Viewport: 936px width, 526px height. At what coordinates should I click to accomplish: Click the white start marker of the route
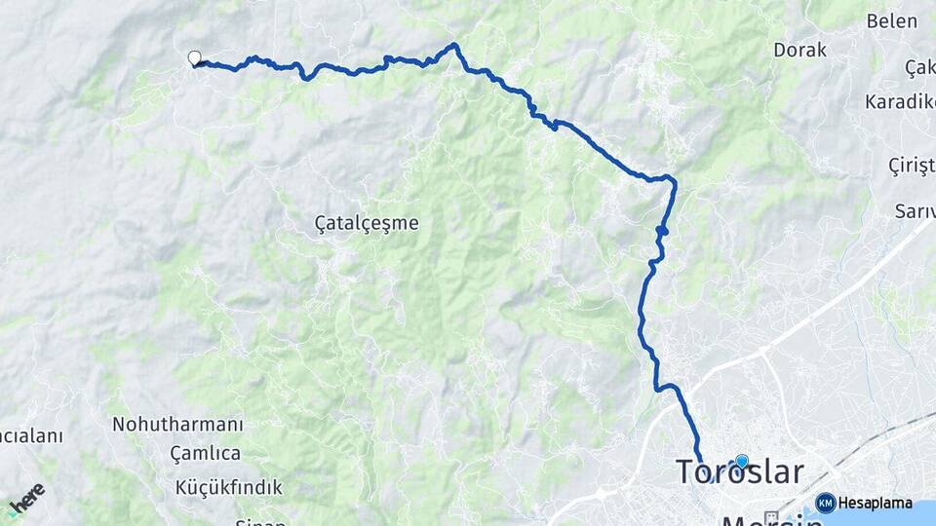pyautogui.click(x=194, y=58)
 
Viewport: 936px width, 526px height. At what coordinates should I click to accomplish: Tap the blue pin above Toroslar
pyautogui.click(x=742, y=461)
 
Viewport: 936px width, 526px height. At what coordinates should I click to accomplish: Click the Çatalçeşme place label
pyautogui.click(x=367, y=223)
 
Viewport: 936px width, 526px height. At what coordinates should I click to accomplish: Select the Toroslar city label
pyautogui.click(x=740, y=472)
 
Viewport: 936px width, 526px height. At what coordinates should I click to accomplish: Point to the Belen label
pyautogui.click(x=892, y=20)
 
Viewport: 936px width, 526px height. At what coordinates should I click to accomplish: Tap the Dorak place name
pyautogui.click(x=799, y=50)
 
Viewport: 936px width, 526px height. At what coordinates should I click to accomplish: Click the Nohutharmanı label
pyautogui.click(x=177, y=425)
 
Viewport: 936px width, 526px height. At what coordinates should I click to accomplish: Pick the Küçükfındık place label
pyautogui.click(x=229, y=486)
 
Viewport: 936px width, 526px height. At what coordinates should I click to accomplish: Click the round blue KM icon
pyautogui.click(x=825, y=503)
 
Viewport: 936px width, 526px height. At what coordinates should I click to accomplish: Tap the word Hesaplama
pyautogui.click(x=876, y=504)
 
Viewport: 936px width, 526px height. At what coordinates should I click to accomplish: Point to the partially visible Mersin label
pyautogui.click(x=770, y=518)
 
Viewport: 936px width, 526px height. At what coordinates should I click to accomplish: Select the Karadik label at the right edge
pyautogui.click(x=900, y=102)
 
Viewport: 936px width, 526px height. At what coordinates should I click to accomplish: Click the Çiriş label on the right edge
pyautogui.click(x=911, y=166)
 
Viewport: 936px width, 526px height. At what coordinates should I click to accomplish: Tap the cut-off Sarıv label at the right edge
pyautogui.click(x=915, y=210)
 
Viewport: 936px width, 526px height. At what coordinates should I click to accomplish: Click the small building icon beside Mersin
pyautogui.click(x=771, y=515)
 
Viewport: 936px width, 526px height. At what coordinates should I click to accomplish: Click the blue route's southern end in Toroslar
pyautogui.click(x=700, y=460)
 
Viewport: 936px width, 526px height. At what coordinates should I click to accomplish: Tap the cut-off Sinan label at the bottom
pyautogui.click(x=259, y=521)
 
